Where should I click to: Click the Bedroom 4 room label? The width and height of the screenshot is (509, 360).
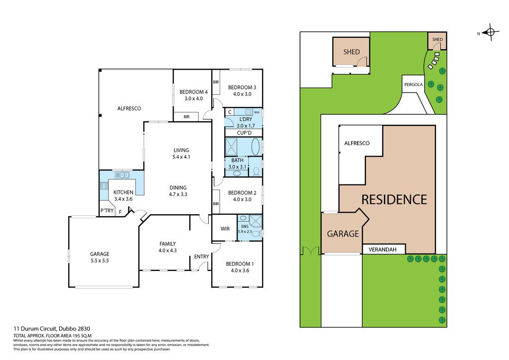pyautogui.click(x=193, y=92)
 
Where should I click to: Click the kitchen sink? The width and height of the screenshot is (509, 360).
pyautogui.click(x=122, y=175)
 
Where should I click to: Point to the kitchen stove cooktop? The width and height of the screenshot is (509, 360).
pyautogui.click(x=104, y=186)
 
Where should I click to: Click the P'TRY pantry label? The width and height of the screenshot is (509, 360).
pyautogui.click(x=107, y=211)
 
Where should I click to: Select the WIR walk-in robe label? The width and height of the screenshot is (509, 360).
pyautogui.click(x=225, y=229)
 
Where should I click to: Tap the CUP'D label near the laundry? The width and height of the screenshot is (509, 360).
pyautogui.click(x=244, y=133)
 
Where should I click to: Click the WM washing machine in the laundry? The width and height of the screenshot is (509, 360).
pyautogui.click(x=257, y=112)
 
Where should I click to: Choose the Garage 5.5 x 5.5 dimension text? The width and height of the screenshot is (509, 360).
pyautogui.click(x=99, y=261)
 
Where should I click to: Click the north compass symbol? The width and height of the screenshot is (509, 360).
pyautogui.click(x=490, y=32)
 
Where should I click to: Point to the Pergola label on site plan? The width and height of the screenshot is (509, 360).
pyautogui.click(x=413, y=85)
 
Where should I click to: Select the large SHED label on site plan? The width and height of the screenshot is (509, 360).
pyautogui.click(x=351, y=52)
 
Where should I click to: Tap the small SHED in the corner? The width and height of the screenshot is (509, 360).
pyautogui.click(x=437, y=41)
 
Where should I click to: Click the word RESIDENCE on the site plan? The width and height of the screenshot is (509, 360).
pyautogui.click(x=394, y=199)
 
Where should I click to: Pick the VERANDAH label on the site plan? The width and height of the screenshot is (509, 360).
pyautogui.click(x=383, y=250)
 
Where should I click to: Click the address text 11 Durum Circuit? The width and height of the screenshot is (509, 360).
pyautogui.click(x=35, y=329)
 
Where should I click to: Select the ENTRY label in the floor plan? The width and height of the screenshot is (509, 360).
pyautogui.click(x=202, y=257)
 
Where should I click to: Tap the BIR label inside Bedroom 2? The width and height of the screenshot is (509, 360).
pyautogui.click(x=216, y=204)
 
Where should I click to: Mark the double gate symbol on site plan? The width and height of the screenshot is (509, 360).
pyautogui.click(x=309, y=251)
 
